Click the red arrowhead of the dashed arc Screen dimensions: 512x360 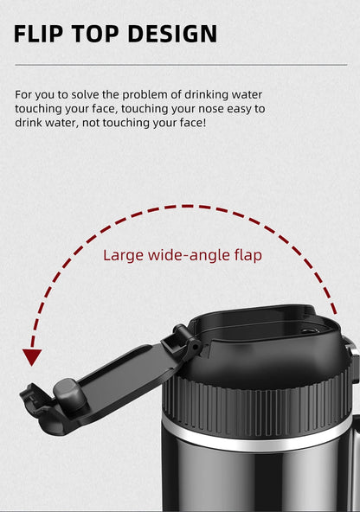(32, 356)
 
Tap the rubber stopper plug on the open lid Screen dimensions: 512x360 (69, 395)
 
